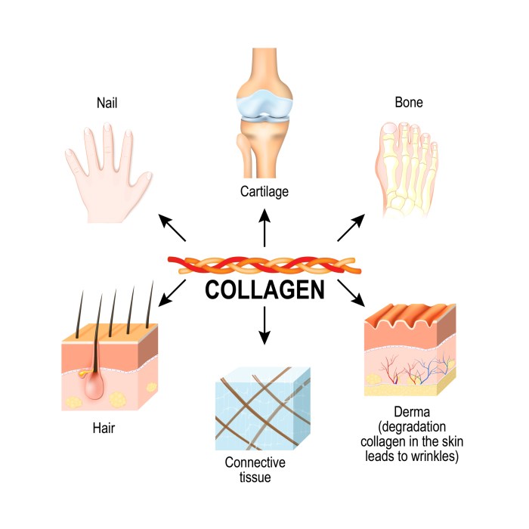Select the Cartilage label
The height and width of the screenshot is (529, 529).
click(x=264, y=192)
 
